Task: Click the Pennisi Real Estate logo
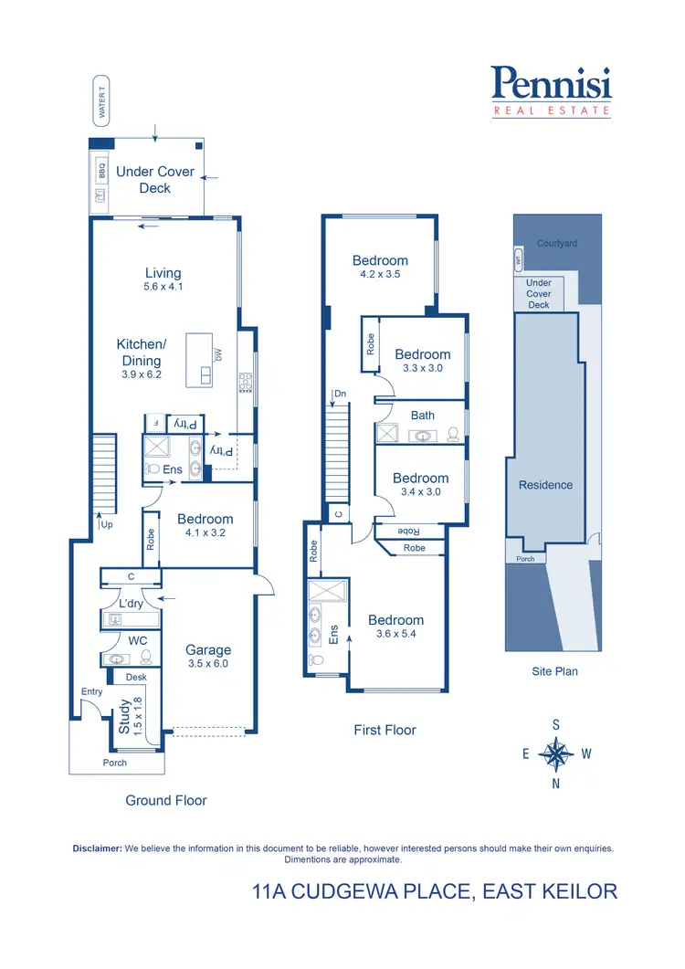click(x=551, y=91)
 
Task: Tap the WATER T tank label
click(x=102, y=100)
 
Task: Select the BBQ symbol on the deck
click(x=102, y=171)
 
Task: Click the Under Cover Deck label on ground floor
click(x=154, y=180)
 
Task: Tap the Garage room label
click(x=209, y=650)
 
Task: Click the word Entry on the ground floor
click(x=91, y=692)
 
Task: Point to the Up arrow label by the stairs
click(x=105, y=525)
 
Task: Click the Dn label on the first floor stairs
click(x=339, y=394)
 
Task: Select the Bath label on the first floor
click(x=422, y=416)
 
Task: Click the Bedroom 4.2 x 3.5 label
click(x=380, y=267)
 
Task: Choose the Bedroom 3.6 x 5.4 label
click(x=395, y=627)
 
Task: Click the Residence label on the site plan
click(x=545, y=485)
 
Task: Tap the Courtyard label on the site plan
click(x=557, y=244)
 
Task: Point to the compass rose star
click(x=555, y=754)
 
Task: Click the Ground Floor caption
click(x=166, y=800)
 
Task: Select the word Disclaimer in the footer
click(x=97, y=848)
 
